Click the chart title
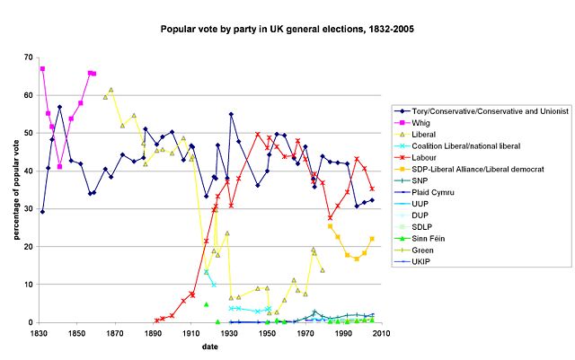287,29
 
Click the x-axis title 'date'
208,346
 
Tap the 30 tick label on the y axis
27,209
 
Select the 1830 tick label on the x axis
39,333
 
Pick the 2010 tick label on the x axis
381,333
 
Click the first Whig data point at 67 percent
42,69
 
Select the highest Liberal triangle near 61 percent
111,90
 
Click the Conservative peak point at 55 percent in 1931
231,114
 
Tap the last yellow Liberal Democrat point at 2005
372,239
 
